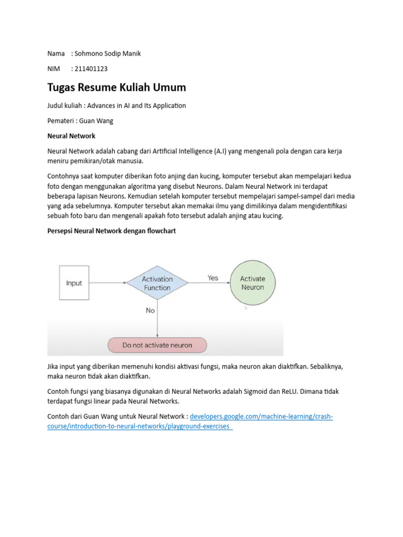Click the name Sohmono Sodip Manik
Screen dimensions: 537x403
click(x=108, y=53)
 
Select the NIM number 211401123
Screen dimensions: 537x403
click(x=92, y=69)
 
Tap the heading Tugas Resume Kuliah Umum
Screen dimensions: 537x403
click(x=116, y=87)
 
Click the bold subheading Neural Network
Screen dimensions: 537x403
click(x=71, y=136)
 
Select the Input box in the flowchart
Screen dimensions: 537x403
click(x=74, y=283)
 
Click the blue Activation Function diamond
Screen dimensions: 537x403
click(x=157, y=284)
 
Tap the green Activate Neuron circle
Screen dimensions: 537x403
click(x=252, y=283)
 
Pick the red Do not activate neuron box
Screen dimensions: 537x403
click(x=157, y=345)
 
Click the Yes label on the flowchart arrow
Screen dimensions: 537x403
click(x=213, y=278)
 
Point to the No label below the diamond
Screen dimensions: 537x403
click(x=151, y=310)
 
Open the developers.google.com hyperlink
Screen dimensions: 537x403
click(x=261, y=417)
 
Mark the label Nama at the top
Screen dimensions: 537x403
click(x=56, y=53)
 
